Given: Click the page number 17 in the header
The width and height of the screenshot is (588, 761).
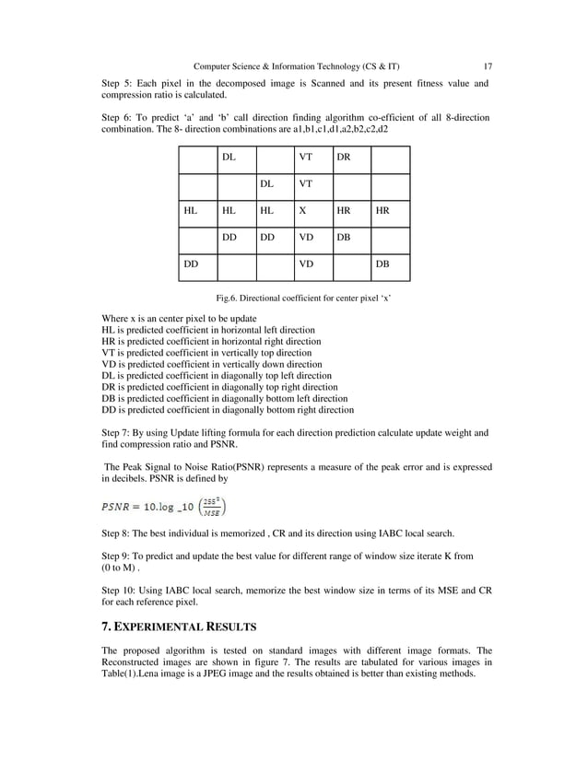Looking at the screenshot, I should coord(488,66).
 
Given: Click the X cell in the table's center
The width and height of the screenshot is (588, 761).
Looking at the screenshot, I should coord(302,210).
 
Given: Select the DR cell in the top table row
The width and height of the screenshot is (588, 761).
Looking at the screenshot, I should coord(343,158).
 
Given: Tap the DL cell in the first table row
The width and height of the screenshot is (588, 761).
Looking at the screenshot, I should coord(228,158).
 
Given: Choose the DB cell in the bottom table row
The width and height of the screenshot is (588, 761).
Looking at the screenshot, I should coord(381,263).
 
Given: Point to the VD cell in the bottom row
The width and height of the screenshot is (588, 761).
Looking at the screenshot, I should coord(305,263).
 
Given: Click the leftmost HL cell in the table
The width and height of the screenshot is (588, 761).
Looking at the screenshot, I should coord(190,210).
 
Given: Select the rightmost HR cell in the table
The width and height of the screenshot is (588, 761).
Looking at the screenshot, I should coord(381,210).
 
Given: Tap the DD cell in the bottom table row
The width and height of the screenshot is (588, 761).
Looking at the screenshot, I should coord(191,263).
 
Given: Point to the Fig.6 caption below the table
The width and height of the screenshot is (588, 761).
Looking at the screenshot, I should coord(294,299).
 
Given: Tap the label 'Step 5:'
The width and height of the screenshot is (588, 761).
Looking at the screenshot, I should coord(118,84).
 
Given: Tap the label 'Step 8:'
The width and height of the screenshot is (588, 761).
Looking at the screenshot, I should coord(118,533).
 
